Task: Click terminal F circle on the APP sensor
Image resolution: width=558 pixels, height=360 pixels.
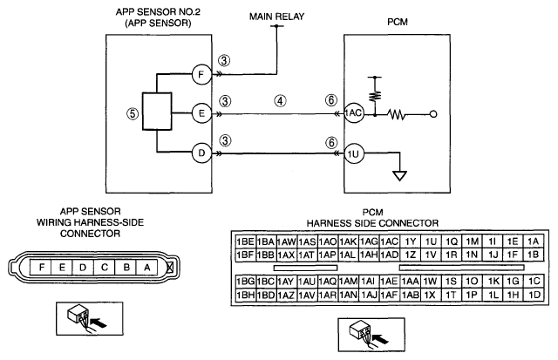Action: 201,74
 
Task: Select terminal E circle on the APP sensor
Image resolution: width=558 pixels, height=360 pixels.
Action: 201,113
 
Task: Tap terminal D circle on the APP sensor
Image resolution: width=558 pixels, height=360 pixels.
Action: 201,153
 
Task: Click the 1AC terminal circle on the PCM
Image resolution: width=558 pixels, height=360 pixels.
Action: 354,113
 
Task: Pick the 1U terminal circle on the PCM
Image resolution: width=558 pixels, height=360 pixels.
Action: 354,153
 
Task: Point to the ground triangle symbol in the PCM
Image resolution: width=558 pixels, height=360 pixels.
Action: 399,176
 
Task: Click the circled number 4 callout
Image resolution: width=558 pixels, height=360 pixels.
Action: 281,101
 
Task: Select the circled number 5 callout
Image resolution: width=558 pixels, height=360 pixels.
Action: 133,114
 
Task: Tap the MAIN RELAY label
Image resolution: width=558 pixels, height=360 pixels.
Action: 276,17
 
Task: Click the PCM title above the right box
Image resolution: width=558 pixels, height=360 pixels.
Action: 398,22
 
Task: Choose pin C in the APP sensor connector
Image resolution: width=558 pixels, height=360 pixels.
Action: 105,267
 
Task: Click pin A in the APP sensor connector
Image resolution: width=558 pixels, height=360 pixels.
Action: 147,267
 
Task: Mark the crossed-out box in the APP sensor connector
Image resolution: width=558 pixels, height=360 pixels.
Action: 170,267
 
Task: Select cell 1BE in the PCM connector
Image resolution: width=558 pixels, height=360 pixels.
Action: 246,241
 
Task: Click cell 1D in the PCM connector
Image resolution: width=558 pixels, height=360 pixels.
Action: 534,295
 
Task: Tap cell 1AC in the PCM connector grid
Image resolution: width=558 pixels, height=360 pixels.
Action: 390,241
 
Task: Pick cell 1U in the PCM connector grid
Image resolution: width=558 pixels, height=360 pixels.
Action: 431,241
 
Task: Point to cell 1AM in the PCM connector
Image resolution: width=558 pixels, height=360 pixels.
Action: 349,282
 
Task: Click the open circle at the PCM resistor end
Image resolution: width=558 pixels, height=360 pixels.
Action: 433,114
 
